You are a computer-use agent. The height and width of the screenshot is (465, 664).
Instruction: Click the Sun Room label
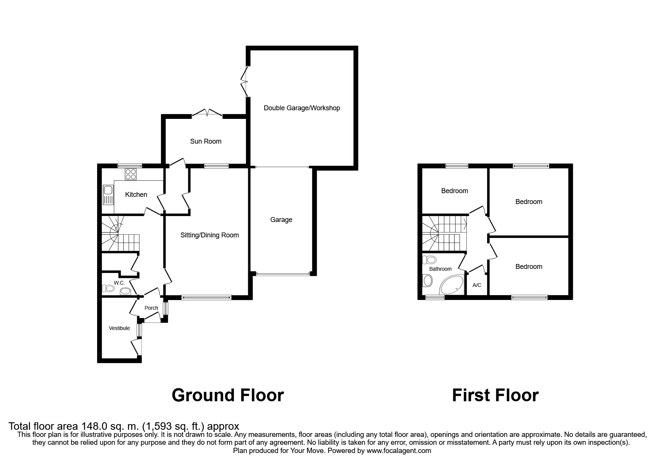click(x=205, y=141)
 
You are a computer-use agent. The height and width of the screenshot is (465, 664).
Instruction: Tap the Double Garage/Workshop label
click(x=302, y=108)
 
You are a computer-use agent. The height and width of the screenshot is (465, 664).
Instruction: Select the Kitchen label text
click(x=136, y=195)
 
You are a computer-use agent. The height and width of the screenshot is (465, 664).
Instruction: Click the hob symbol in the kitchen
click(x=131, y=174)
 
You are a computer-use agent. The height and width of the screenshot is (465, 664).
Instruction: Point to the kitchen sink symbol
click(x=108, y=195)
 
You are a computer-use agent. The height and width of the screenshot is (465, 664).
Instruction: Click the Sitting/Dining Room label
click(x=210, y=235)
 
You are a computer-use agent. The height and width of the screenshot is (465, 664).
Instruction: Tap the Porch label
click(x=151, y=308)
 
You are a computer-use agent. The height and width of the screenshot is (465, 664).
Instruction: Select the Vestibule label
click(x=119, y=328)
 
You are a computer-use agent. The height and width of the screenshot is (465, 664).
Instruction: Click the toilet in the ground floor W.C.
click(x=108, y=288)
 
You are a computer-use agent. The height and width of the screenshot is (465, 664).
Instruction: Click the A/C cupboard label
click(x=477, y=285)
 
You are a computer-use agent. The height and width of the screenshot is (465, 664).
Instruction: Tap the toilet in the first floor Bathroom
click(x=431, y=259)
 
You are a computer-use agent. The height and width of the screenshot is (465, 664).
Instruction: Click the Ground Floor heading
click(x=228, y=395)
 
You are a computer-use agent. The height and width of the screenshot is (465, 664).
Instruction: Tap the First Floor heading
click(x=495, y=395)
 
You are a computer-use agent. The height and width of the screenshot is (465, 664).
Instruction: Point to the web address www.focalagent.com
click(x=399, y=451)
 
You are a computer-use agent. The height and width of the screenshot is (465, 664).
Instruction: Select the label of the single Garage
click(x=281, y=220)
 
